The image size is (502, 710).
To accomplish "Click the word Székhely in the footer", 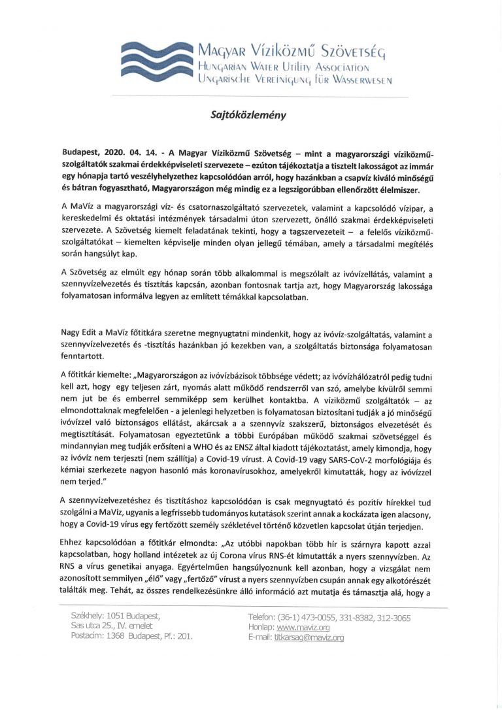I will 86,616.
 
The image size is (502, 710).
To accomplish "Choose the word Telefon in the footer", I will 264,617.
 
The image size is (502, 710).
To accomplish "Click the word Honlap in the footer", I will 261,627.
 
